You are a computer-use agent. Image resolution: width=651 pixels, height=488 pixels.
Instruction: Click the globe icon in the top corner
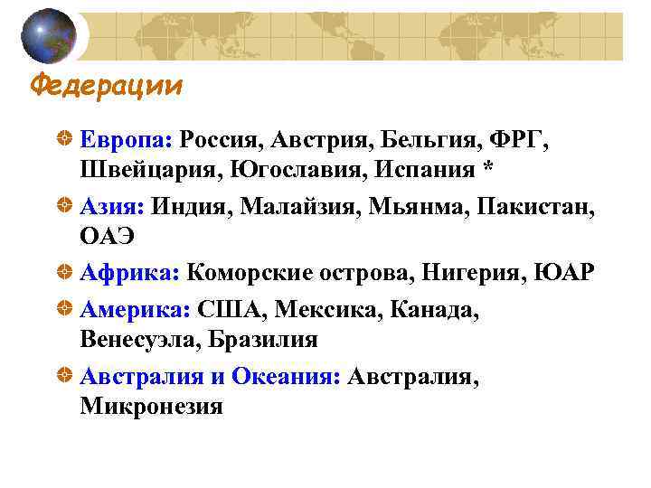pos(48,36)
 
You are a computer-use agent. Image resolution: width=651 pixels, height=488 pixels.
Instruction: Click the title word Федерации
pos(107,86)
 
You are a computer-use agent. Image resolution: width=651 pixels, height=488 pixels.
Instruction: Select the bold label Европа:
pos(126,140)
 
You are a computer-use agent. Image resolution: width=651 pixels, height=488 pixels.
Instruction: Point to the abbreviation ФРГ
pos(517,140)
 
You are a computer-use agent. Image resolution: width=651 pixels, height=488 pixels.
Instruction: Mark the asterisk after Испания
pos(488,169)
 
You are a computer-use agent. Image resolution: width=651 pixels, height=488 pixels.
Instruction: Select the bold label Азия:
pos(112,208)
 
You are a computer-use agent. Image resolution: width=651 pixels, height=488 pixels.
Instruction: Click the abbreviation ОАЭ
pos(107,237)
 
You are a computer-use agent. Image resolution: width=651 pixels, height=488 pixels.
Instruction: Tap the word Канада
pos(431,311)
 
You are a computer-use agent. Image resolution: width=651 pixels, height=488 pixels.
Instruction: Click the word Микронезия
pos(151,406)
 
